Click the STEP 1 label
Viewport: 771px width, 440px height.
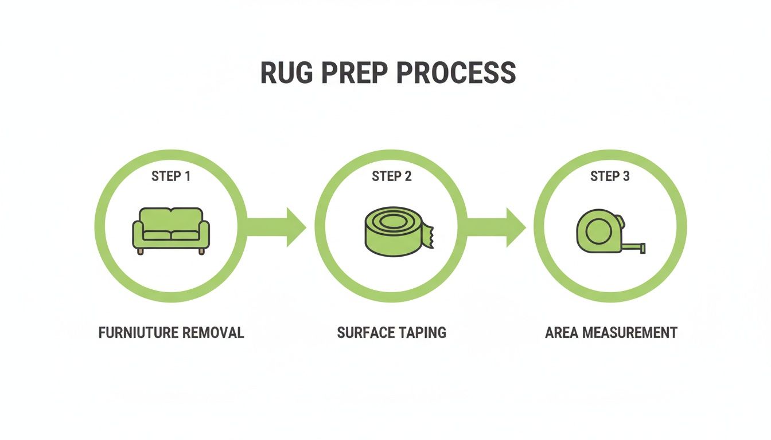coord(171,176)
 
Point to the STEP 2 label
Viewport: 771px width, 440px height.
coord(391,176)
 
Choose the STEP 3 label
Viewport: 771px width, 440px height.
coord(610,176)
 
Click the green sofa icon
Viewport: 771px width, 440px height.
coord(171,230)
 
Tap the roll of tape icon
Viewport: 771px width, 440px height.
coord(396,231)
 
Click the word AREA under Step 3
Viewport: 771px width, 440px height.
coord(561,333)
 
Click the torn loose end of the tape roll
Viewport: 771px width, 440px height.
coord(429,234)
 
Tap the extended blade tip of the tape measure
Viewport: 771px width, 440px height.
coord(642,248)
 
